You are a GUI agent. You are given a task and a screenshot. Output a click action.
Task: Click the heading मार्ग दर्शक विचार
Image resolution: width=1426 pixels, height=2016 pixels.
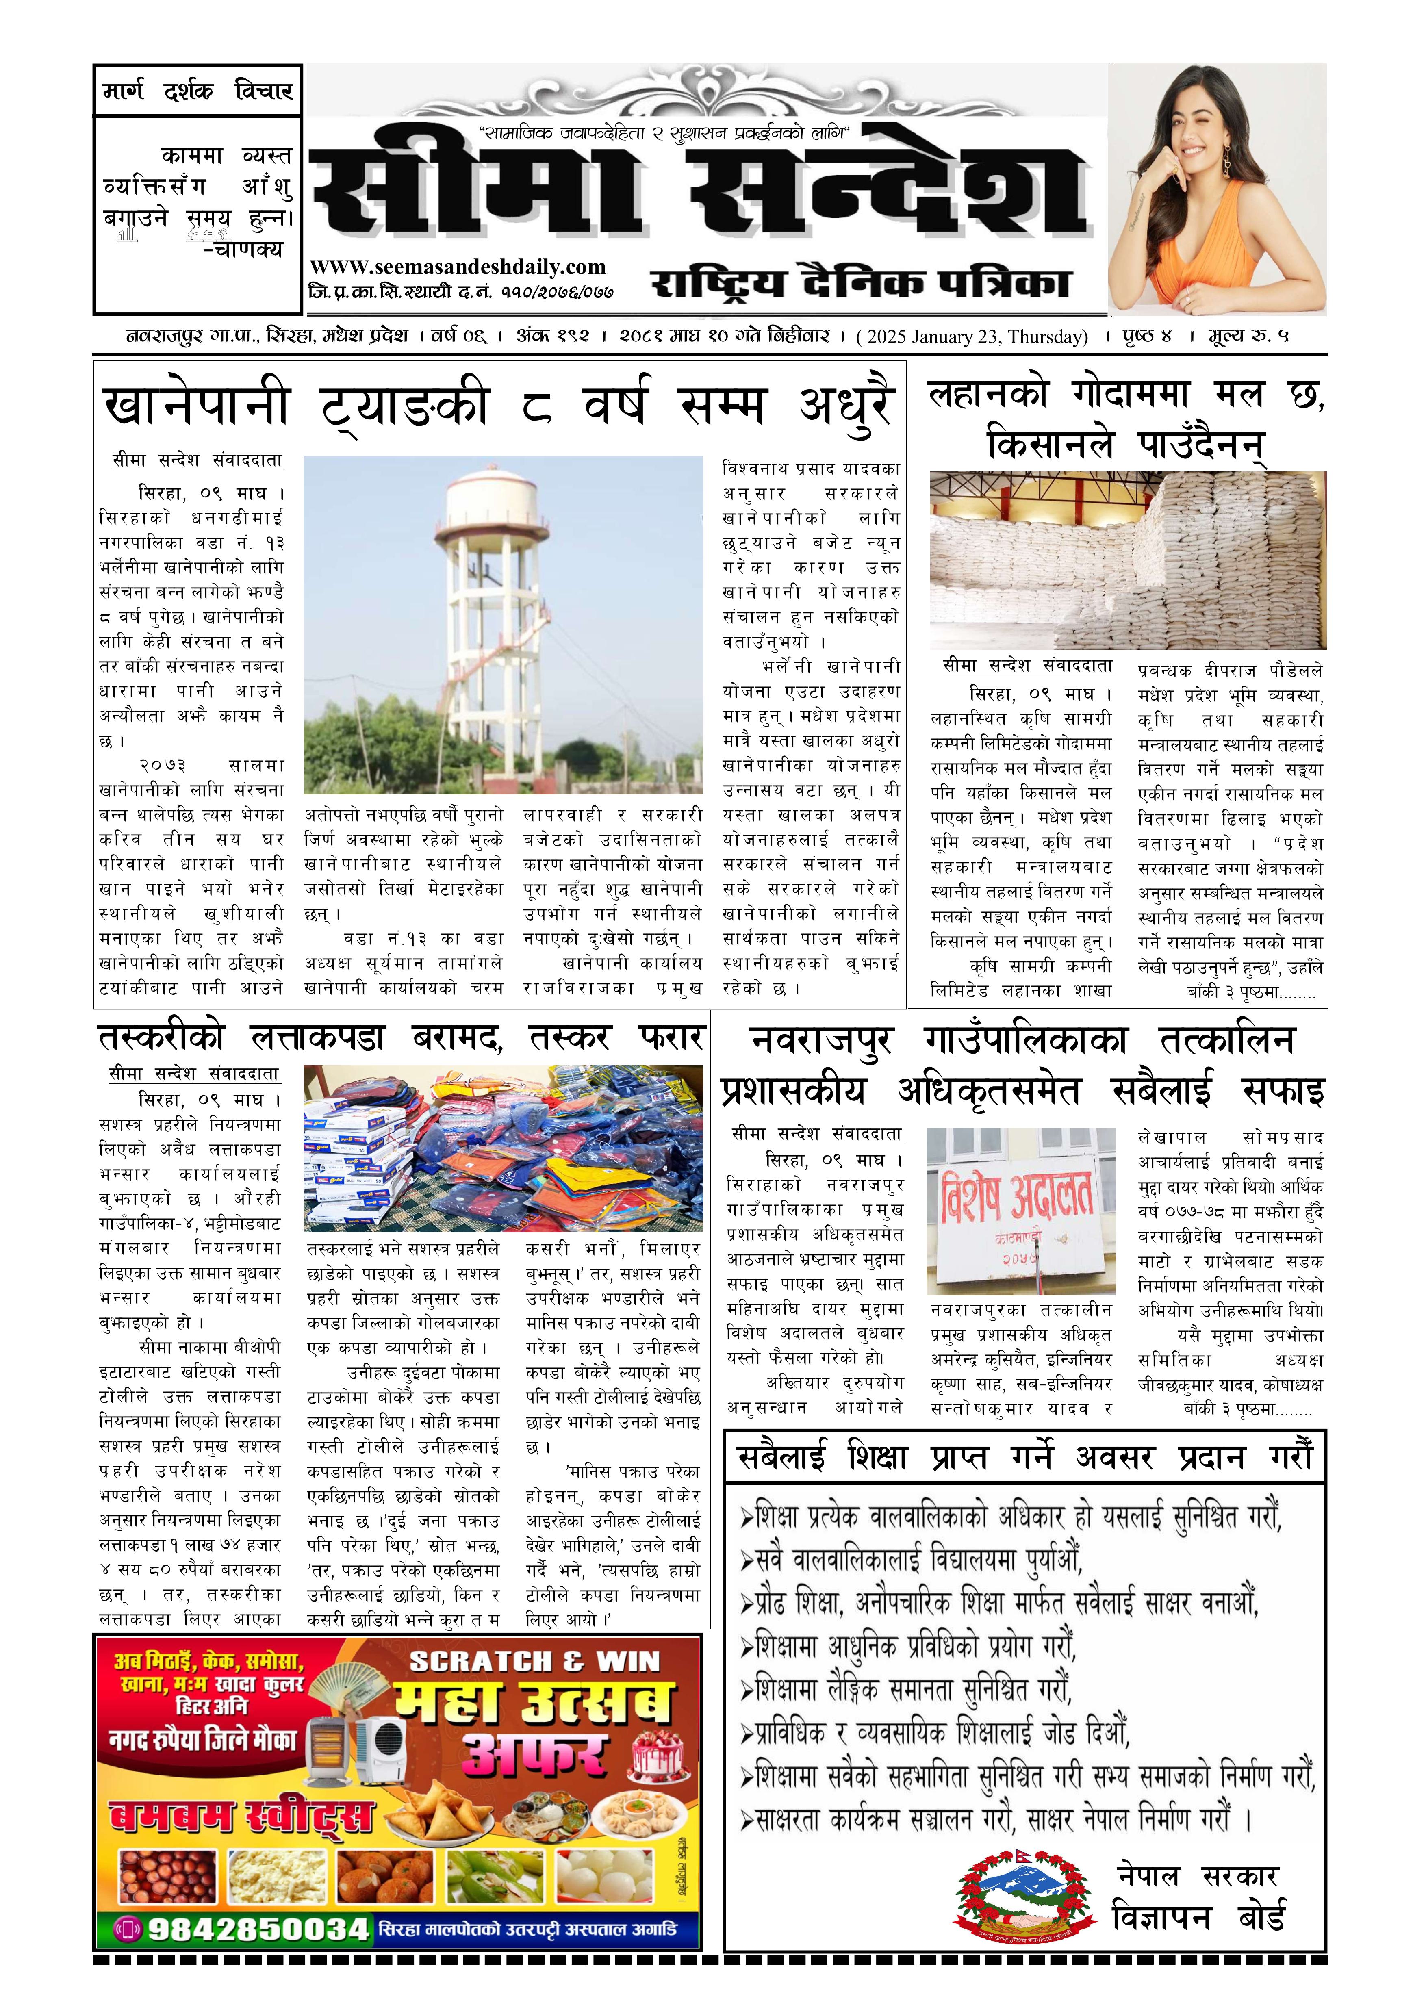point(198,91)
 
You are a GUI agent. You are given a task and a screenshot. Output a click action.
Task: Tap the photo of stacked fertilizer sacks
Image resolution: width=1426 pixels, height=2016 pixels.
point(1126,560)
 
